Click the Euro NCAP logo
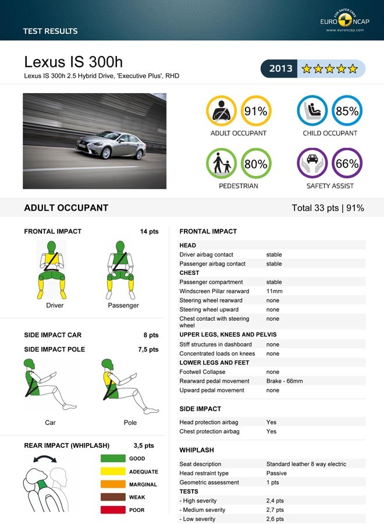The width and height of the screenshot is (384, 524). pos(344,22)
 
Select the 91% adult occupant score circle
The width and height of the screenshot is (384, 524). pos(255,111)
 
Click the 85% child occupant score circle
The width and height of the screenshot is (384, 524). pos(347,111)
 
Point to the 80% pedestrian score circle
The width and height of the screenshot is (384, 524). pos(255,164)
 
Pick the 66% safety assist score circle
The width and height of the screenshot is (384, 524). pos(347,164)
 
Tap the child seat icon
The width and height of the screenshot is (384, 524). pos(312,111)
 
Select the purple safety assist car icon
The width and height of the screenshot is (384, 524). pos(312,163)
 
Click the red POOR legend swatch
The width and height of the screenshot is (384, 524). pos(113,510)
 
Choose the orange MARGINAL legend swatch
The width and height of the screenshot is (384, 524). pos(113,484)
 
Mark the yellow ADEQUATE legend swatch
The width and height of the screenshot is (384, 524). pos(113,472)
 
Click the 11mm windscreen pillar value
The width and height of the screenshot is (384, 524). pos(274,291)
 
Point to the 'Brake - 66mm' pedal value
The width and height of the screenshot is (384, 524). pos(285,381)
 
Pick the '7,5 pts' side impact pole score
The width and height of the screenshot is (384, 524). pos(148,349)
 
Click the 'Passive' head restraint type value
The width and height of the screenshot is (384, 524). pos(276,473)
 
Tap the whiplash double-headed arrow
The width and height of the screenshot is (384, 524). pos(45,459)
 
